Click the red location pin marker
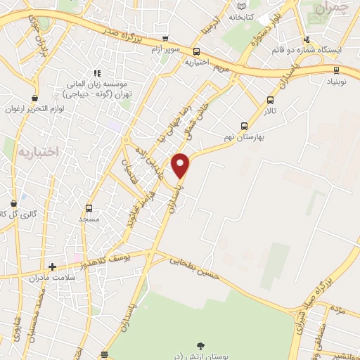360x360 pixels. pos(181,166)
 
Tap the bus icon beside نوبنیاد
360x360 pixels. pos(337,70)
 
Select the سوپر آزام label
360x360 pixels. pos(165,50)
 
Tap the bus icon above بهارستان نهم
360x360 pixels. pos(244,126)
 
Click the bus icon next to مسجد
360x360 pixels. pos(89,208)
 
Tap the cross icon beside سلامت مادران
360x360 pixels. pos(52,266)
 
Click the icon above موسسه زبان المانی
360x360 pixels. pos(98,72)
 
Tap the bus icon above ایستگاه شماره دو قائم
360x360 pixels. pos(306,40)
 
